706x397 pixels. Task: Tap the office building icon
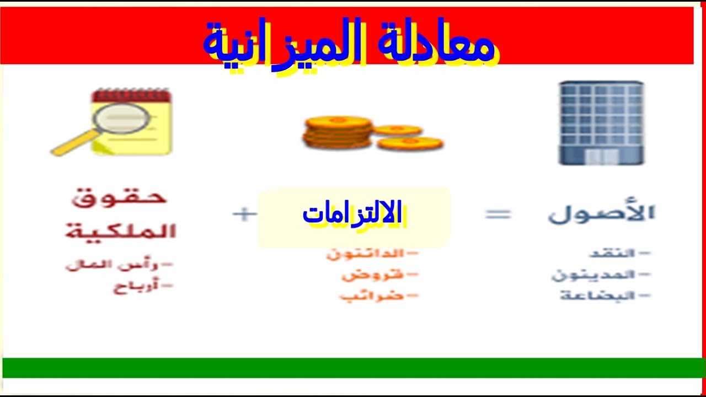[x=601, y=123]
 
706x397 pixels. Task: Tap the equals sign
[x=498, y=214]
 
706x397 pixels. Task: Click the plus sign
[x=245, y=214]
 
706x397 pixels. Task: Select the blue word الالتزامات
[x=352, y=214]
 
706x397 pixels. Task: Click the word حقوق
[x=119, y=197]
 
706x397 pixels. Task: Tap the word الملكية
[x=121, y=230]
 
